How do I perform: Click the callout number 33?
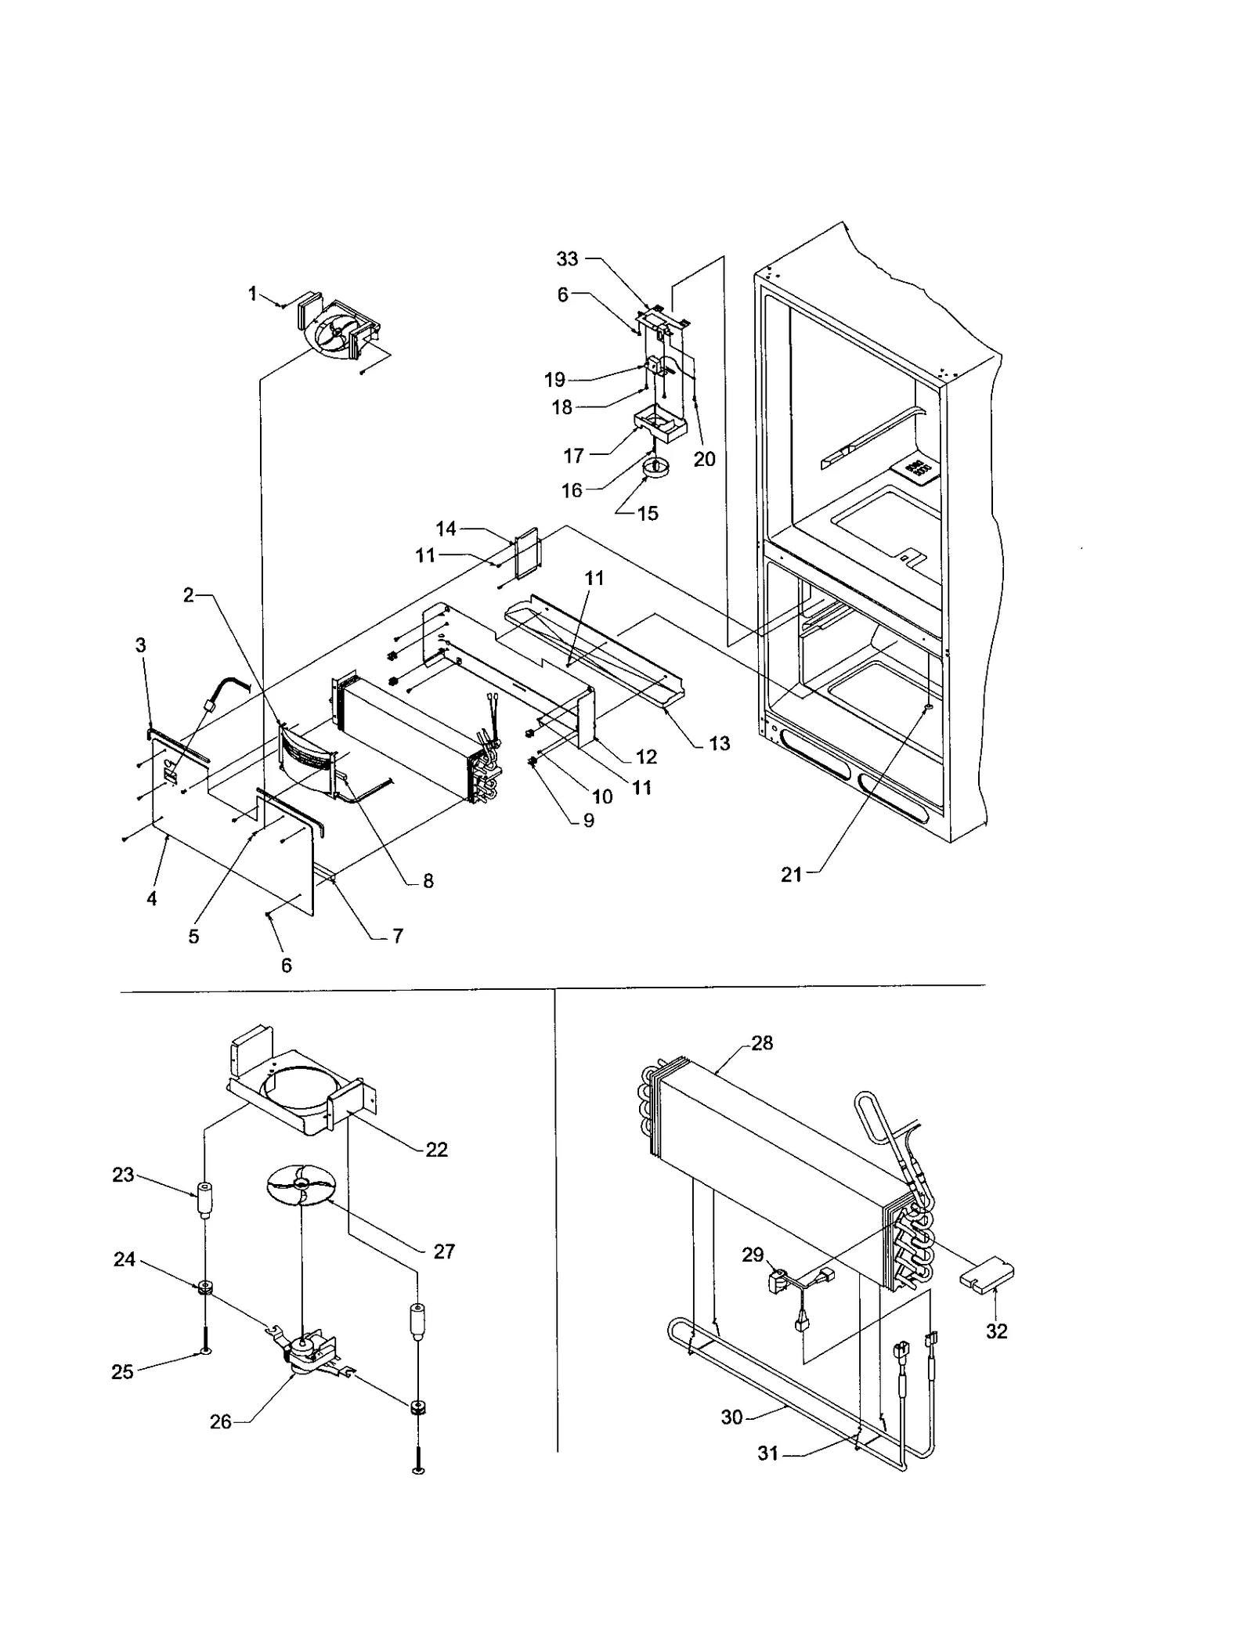click(x=567, y=258)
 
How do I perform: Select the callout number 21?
click(x=791, y=875)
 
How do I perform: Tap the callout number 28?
click(x=761, y=1043)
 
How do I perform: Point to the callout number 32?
click(x=996, y=1331)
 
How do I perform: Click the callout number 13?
click(x=718, y=743)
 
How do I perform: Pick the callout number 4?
click(x=152, y=899)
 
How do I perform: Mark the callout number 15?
click(x=648, y=514)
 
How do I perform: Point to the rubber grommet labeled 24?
click(x=204, y=1287)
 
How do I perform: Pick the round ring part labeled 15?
click(x=654, y=468)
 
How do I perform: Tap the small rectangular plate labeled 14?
click(x=527, y=554)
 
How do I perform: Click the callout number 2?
click(x=189, y=596)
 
